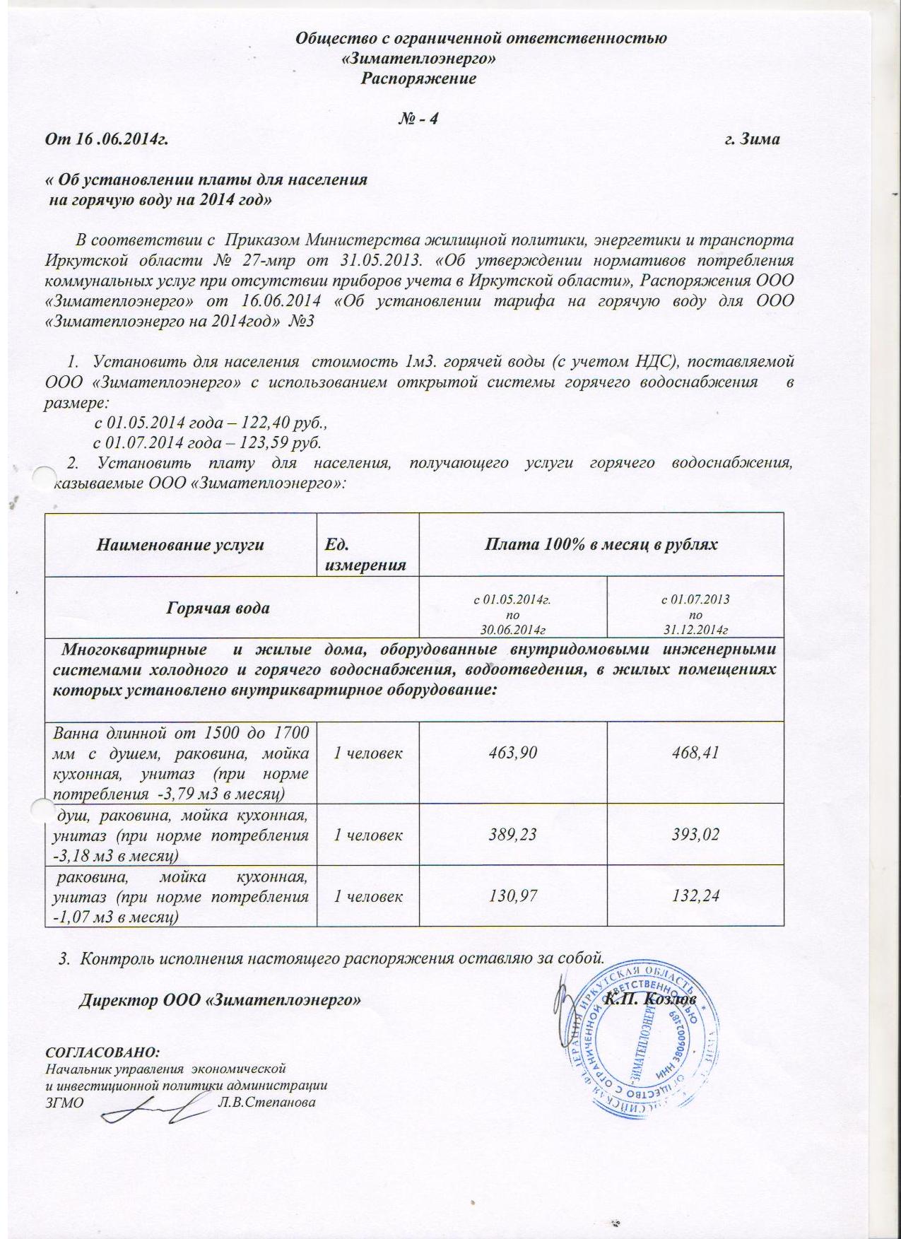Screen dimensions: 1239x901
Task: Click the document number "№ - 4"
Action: coord(419,119)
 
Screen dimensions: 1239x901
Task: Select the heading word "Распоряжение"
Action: coord(418,78)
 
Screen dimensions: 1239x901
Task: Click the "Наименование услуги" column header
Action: coord(180,545)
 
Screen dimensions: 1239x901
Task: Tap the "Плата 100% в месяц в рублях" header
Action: coord(601,545)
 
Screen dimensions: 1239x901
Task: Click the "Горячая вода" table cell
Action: coord(218,608)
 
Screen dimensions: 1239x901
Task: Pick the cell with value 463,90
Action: coord(513,753)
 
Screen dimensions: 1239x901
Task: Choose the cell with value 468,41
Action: coord(695,753)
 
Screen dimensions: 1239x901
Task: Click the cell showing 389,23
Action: coord(513,835)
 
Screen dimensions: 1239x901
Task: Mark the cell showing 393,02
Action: coord(695,835)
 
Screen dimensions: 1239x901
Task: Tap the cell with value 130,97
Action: coord(513,896)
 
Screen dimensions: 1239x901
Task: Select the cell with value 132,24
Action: coord(695,896)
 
